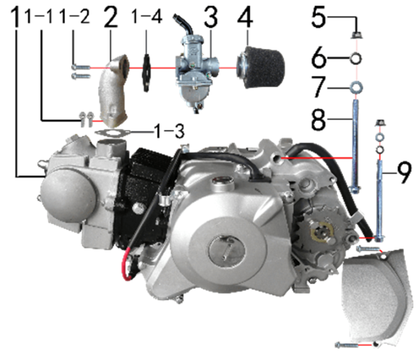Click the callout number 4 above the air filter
245,17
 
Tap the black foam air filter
260,67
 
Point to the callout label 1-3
169,131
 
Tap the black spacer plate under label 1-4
146,73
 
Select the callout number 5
318,17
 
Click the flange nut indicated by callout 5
355,35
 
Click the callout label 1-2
74,17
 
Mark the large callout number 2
110,17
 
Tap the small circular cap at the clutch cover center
226,250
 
